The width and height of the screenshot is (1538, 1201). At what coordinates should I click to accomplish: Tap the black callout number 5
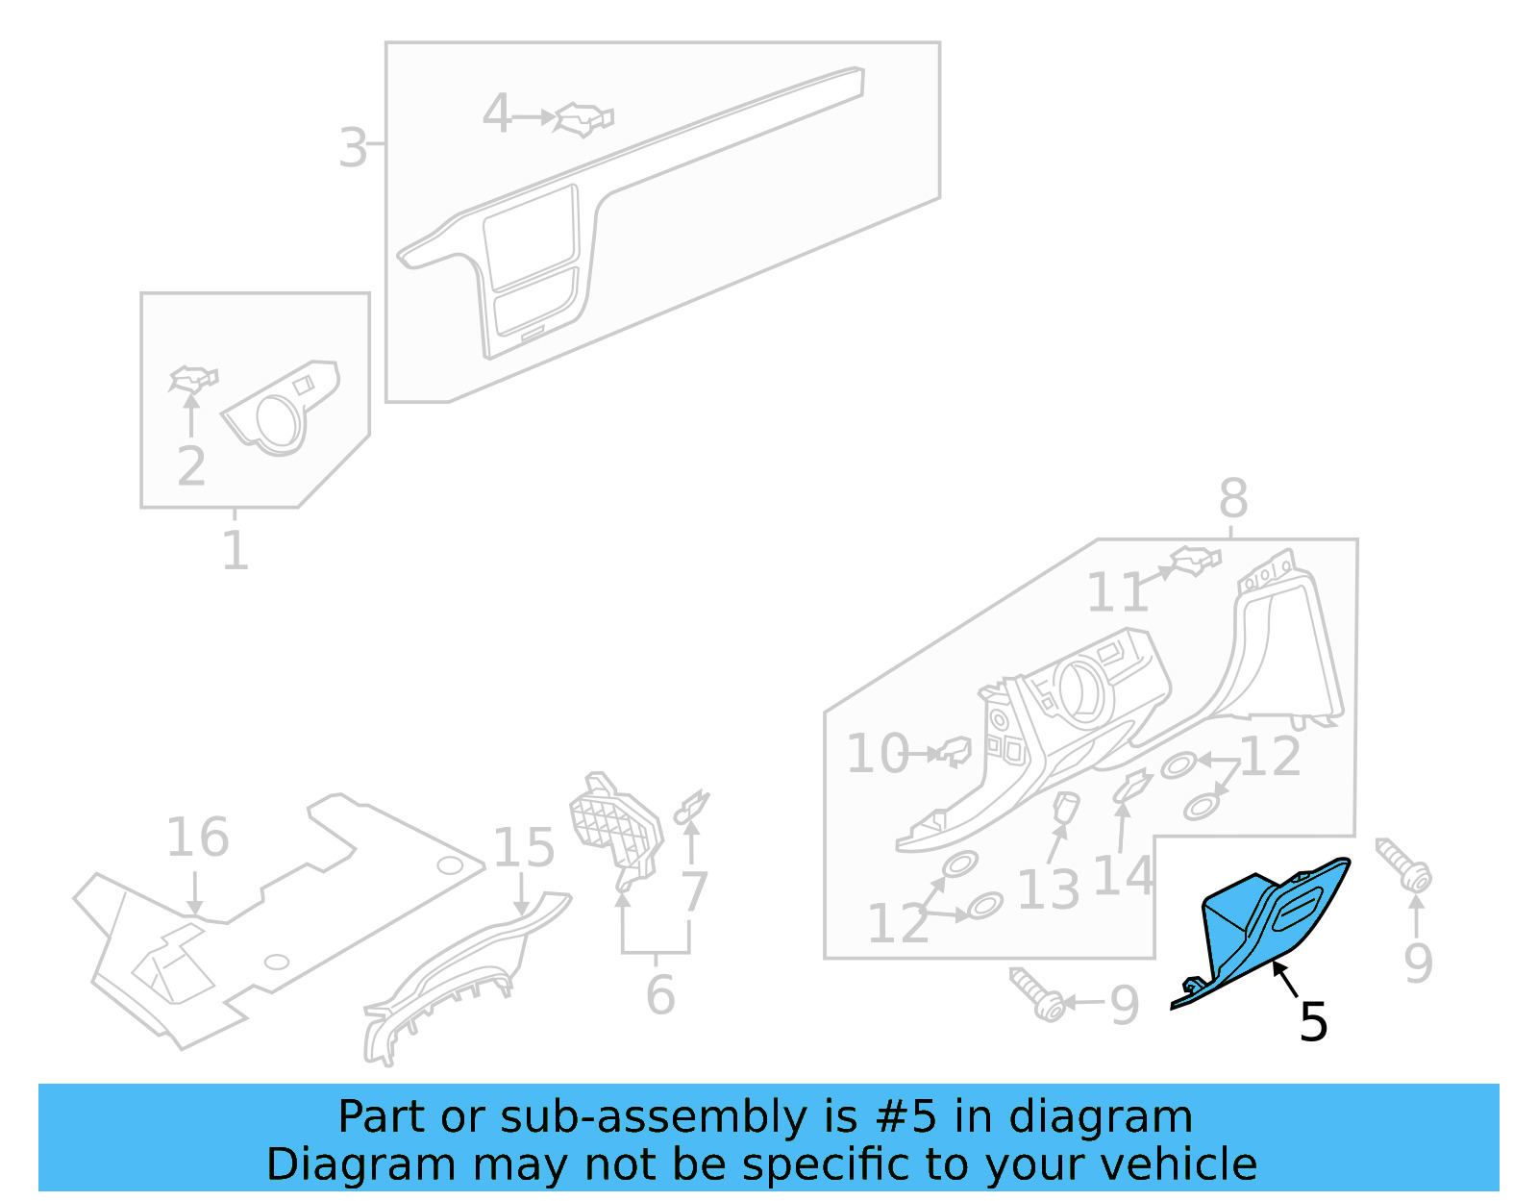[x=1313, y=1021]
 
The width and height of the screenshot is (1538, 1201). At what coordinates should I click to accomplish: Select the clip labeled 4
[x=584, y=119]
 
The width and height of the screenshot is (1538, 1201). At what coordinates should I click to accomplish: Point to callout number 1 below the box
[x=236, y=551]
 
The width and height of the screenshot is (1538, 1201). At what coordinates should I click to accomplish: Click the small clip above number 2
[x=193, y=379]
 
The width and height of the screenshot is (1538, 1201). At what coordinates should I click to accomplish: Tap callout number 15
[x=524, y=847]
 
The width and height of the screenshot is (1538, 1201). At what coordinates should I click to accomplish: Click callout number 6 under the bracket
[x=660, y=994]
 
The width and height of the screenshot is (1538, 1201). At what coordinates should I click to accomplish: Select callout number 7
[x=694, y=891]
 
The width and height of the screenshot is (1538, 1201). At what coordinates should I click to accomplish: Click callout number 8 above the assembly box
[x=1233, y=499]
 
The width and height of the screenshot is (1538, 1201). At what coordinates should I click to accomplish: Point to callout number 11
[x=1117, y=592]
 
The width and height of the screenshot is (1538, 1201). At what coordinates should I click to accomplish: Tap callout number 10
[x=877, y=754]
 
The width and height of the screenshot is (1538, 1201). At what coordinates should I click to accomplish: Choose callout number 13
[x=1048, y=889]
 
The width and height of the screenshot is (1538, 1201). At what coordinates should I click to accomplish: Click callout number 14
[x=1123, y=876]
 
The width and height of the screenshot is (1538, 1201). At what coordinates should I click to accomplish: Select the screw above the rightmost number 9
[x=1403, y=864]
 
